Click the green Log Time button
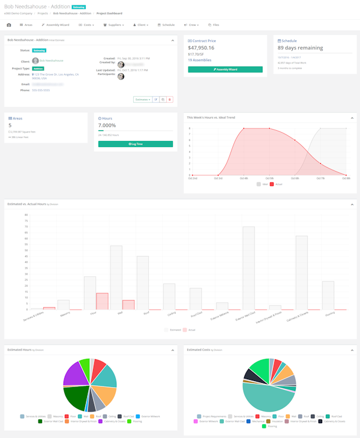coord(136,144)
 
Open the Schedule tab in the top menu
coord(166,25)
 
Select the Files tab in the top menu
coord(214,25)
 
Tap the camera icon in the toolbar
coord(8,25)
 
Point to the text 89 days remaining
coord(300,47)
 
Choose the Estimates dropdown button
coord(142,99)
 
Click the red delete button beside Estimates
coord(169,99)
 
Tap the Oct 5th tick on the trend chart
coord(269,178)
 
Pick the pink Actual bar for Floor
coord(102,301)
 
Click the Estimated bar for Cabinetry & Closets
coord(301,272)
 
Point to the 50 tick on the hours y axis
coord(26,262)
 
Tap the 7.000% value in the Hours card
coord(108,125)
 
